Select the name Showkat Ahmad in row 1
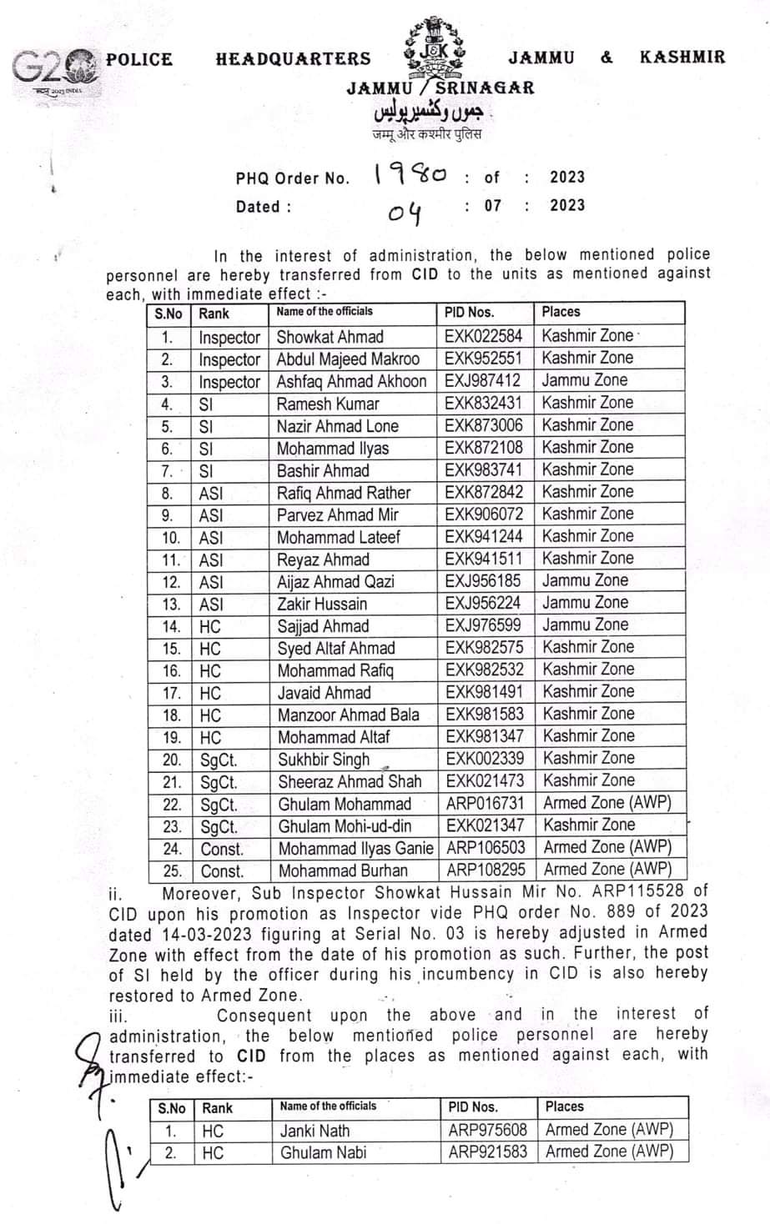(x=330, y=337)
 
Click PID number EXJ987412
(x=483, y=381)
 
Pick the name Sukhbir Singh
(x=323, y=759)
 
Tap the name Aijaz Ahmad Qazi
(x=335, y=581)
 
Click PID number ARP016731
(x=485, y=803)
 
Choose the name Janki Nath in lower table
(x=315, y=1131)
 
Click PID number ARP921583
(x=487, y=1152)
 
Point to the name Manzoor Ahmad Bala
(x=348, y=715)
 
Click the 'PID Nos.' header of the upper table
(x=470, y=312)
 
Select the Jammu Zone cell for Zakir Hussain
(x=585, y=603)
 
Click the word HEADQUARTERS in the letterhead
(x=293, y=58)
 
